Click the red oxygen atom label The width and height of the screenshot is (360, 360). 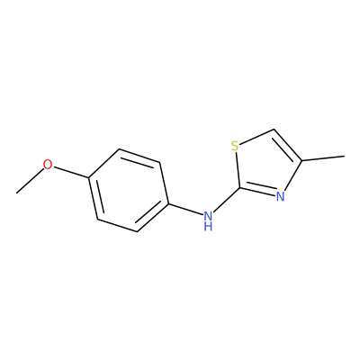point(48,165)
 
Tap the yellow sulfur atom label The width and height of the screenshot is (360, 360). point(235,147)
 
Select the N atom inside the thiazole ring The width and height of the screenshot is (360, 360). point(280,197)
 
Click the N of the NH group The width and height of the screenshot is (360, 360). point(208,215)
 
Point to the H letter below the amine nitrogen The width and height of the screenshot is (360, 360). point(208,226)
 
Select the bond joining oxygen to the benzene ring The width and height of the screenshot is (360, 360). point(70,172)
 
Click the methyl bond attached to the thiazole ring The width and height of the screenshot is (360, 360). point(323,158)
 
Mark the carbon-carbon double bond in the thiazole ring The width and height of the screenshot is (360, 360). point(288,145)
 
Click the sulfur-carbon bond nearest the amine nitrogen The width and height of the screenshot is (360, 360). point(238,170)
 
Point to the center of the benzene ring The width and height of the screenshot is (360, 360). point(128,190)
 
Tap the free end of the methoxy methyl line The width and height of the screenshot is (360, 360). point(17,193)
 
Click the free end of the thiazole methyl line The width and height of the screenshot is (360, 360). point(344,156)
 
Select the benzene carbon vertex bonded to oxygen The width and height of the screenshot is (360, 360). point(88,177)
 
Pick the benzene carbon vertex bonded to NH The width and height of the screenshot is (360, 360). point(168,203)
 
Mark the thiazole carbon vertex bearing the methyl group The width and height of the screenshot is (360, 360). point(301,161)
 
